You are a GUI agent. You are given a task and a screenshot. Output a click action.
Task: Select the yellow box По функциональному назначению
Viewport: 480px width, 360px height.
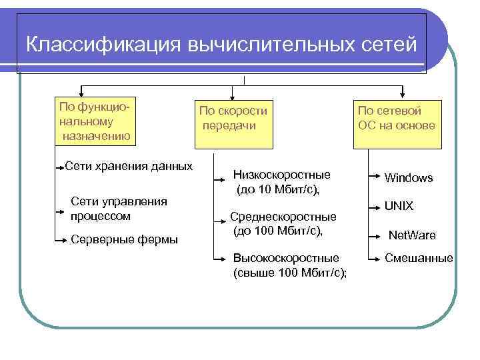pyautogui.click(x=96, y=122)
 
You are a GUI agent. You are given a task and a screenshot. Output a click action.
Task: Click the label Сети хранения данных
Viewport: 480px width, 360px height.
pyautogui.click(x=129, y=166)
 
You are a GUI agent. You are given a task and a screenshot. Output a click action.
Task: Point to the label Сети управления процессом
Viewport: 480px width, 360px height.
pyautogui.click(x=119, y=209)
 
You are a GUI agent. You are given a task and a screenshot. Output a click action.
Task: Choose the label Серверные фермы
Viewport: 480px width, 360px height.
pyautogui.click(x=124, y=239)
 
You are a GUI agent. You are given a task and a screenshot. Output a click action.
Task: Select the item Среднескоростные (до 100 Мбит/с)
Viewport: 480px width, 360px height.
pyautogui.click(x=283, y=223)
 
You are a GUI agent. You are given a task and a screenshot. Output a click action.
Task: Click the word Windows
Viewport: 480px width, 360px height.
pyautogui.click(x=409, y=178)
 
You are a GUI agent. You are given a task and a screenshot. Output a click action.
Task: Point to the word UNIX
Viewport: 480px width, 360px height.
pyautogui.click(x=399, y=207)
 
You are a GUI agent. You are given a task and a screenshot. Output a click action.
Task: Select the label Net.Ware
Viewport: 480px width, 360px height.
pyautogui.click(x=412, y=235)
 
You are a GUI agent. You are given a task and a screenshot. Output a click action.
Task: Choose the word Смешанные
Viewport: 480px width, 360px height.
pyautogui.click(x=419, y=258)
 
